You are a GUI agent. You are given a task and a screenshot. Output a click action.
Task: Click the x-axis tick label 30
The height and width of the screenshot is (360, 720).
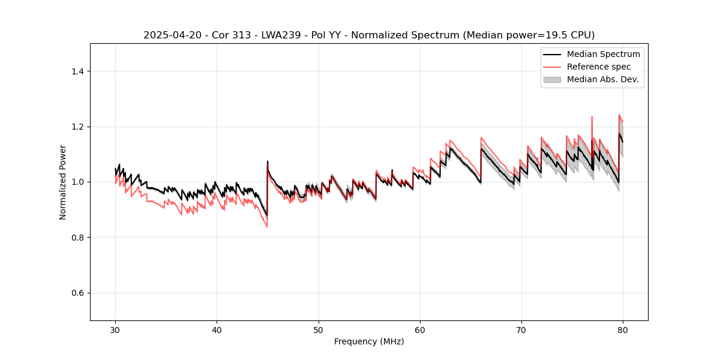coord(115,330)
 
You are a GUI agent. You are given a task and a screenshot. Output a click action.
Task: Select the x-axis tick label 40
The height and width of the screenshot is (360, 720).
coord(217,330)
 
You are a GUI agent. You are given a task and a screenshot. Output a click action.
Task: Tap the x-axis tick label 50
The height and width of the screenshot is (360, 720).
coord(318,330)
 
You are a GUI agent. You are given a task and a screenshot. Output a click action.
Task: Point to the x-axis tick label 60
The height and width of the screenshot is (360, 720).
coord(420,330)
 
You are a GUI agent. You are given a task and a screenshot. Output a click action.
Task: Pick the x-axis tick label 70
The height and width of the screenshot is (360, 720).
coord(521,330)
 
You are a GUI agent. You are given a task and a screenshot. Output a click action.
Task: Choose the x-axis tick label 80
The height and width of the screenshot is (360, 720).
coord(623,330)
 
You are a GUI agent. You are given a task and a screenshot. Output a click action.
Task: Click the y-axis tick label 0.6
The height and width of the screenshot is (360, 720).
coord(77,293)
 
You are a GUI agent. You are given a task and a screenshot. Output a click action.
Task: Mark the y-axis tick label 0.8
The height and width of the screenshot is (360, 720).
coord(77,238)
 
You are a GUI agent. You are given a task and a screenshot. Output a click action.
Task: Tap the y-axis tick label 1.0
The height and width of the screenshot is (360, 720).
coord(77,182)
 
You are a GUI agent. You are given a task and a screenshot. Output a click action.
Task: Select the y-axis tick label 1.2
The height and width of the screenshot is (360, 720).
coord(77,127)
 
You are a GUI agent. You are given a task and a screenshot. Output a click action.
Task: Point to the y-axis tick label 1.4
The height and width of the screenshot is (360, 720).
coord(77,71)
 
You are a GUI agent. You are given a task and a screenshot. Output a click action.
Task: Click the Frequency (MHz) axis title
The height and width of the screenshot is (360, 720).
coord(369,341)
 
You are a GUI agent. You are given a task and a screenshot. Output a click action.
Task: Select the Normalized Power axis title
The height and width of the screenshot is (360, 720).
coord(63,182)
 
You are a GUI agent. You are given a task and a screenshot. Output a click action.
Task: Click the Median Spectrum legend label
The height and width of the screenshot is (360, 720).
coord(603,54)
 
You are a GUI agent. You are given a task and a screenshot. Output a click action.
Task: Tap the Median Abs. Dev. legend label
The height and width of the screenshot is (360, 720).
coord(602,79)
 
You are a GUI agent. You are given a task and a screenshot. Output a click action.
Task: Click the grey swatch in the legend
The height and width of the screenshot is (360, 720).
coord(552,79)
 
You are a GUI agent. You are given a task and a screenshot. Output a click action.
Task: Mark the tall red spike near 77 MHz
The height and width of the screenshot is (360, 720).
coord(592,118)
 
